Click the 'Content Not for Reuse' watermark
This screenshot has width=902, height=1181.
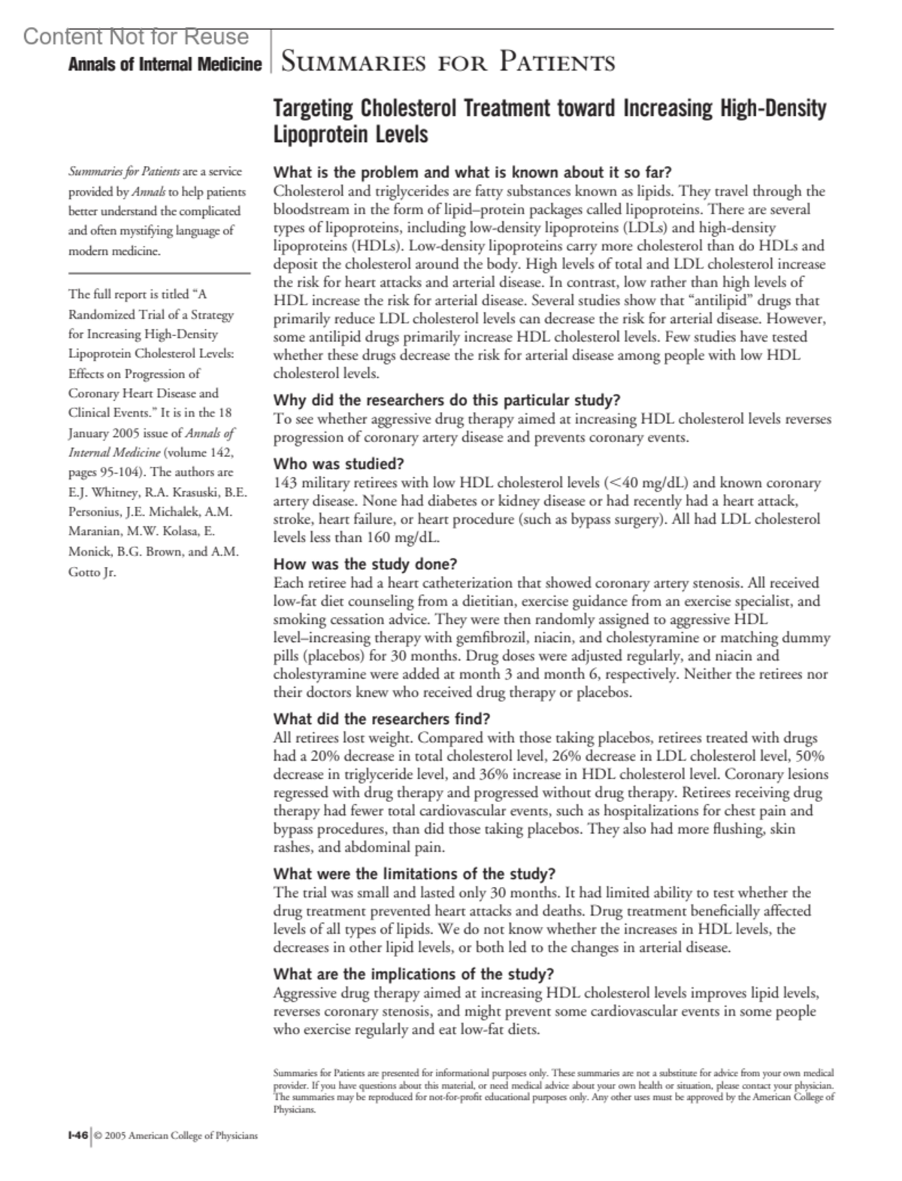tap(136, 37)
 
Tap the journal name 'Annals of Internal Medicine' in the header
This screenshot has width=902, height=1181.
tap(165, 65)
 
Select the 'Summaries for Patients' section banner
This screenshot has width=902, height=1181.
tap(447, 62)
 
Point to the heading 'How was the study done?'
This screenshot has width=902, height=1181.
tap(365, 564)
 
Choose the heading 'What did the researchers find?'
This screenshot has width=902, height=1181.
tap(382, 718)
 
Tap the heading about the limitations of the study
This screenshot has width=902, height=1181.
tap(414, 874)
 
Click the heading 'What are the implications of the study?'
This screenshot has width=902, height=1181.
tap(414, 974)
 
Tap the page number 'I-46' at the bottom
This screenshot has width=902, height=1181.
tap(77, 1135)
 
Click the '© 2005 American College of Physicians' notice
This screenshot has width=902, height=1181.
tap(176, 1136)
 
